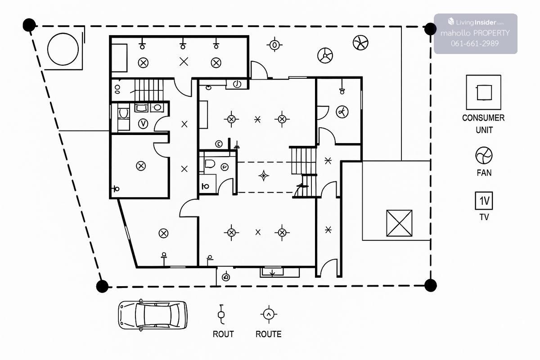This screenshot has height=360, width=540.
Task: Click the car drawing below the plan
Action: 152,315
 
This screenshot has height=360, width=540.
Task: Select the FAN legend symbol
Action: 484,156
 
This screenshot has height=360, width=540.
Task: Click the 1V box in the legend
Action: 484,201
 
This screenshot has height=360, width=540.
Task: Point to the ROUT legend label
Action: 223,334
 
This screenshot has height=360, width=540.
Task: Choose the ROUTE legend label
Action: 269,334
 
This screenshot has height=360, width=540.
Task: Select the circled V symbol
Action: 144,123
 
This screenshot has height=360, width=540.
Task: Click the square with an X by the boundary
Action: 399,223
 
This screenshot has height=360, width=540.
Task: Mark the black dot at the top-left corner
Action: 29,25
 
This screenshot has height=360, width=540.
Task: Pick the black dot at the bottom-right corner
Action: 431,285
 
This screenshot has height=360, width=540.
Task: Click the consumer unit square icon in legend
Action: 483,92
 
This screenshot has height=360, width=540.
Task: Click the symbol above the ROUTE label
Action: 268,314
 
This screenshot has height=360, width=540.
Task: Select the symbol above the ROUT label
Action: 221,313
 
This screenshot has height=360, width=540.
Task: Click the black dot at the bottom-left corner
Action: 103,286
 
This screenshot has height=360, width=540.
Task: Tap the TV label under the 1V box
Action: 484,217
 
